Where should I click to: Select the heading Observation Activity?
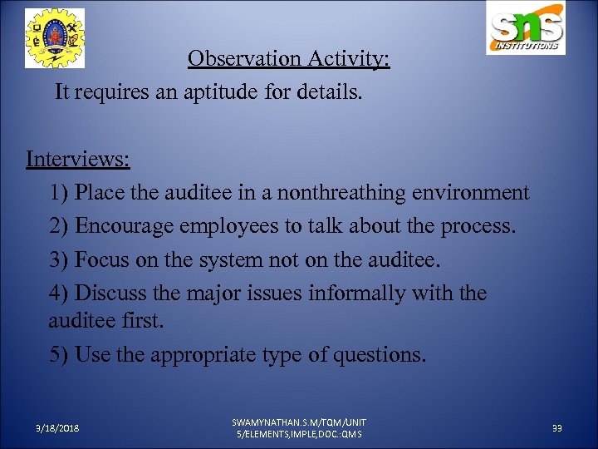pyautogui.click(x=288, y=60)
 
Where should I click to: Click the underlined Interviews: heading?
pyautogui.click(x=78, y=158)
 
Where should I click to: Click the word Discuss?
pyautogui.click(x=107, y=293)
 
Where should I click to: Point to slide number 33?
pyautogui.click(x=557, y=428)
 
